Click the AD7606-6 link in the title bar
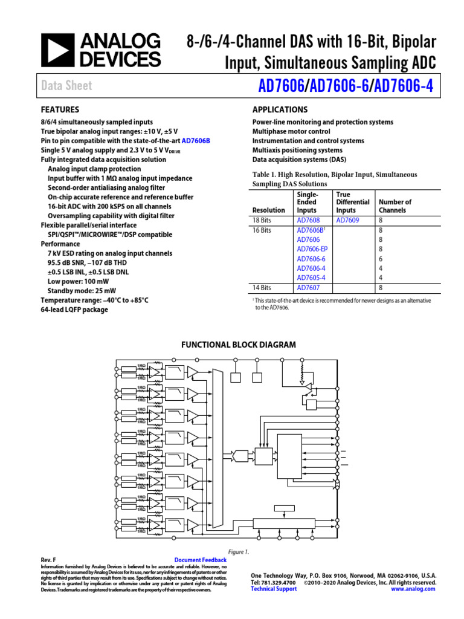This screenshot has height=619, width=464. [340, 86]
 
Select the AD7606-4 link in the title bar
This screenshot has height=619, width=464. [404, 86]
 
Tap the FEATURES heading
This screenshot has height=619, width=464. [60, 110]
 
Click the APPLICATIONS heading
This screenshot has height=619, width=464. [280, 110]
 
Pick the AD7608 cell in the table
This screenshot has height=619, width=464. [308, 221]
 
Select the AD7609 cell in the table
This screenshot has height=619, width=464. [347, 221]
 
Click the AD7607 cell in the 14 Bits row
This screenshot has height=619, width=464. [308, 288]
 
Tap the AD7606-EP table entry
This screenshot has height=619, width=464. [312, 249]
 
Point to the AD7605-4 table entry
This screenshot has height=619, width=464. [311, 277]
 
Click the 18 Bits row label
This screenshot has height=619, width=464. [262, 221]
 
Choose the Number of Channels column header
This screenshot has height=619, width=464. [395, 206]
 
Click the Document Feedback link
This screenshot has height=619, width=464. [200, 560]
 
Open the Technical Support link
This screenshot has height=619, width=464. [274, 589]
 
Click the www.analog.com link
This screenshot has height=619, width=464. [413, 589]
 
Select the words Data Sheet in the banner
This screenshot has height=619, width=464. [66, 86]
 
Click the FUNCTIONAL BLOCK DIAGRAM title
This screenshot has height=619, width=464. [239, 345]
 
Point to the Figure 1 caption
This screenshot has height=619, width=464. [239, 552]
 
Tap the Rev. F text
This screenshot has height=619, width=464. [48, 560]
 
